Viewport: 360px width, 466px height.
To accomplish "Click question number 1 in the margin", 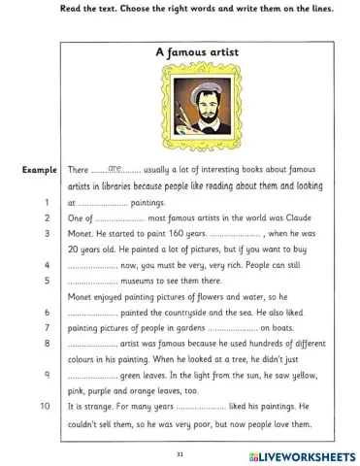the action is [x=47, y=203].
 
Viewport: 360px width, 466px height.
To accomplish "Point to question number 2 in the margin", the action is [x=47, y=219].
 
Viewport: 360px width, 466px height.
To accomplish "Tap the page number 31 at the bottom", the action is [x=180, y=452].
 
